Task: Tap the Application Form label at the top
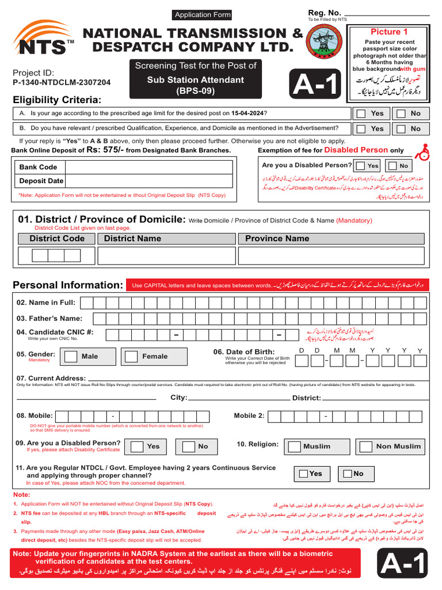click(203, 15)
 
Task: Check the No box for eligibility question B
click(401, 128)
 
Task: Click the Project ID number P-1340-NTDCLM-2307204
click(62, 83)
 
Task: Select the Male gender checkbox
click(71, 356)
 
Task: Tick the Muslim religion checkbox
click(295, 447)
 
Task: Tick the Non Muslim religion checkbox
click(365, 447)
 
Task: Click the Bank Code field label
click(38, 167)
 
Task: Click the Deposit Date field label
click(41, 181)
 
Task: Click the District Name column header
click(132, 239)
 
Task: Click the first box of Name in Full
click(86, 302)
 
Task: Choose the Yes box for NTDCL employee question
click(302, 474)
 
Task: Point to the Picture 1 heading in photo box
click(389, 32)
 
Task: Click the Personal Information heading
click(68, 285)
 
